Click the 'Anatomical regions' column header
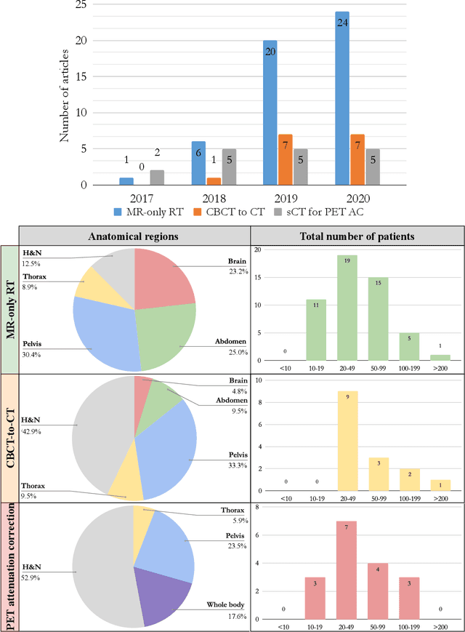(134, 236)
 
